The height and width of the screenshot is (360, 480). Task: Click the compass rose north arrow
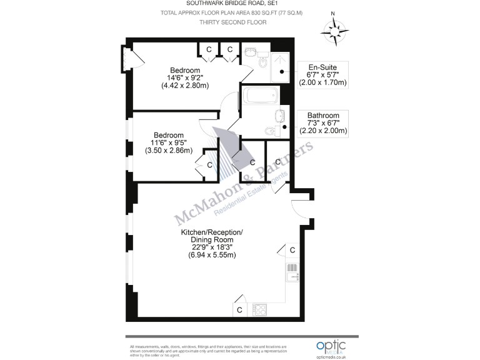coord(336,29)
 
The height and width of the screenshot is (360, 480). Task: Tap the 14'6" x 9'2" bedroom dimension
coord(186,78)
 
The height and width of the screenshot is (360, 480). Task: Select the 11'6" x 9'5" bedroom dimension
coord(169,143)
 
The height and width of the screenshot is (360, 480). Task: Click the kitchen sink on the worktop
coord(293,272)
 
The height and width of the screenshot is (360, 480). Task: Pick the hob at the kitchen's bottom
coord(259,309)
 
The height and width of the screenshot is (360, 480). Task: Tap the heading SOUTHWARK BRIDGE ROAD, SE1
coord(232,4)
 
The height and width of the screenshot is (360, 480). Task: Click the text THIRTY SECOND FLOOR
coord(232,22)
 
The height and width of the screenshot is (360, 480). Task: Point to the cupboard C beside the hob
coord(240,309)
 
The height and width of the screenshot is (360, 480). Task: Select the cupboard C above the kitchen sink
coord(292,250)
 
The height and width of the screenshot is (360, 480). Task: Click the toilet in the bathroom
coord(271,131)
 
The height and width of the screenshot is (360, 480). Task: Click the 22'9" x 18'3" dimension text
coord(209,247)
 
